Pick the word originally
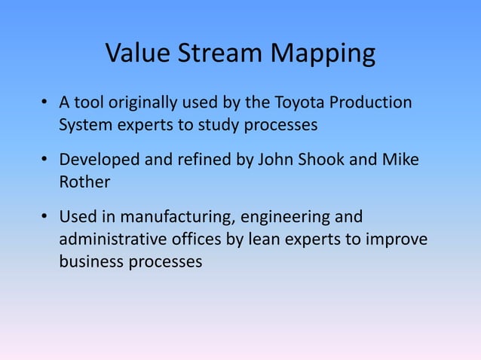click(x=134, y=103)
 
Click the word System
click(x=85, y=124)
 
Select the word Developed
click(x=97, y=160)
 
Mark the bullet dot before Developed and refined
click(x=45, y=160)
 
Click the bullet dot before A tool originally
click(x=45, y=103)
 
